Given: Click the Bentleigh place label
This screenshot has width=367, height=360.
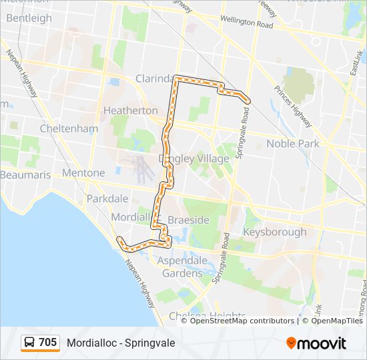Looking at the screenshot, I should point(29,18).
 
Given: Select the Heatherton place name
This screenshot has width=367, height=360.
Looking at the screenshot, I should point(131,110).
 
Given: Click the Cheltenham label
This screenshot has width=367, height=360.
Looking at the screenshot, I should point(69,128).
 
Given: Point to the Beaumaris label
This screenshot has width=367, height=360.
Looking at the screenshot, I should point(25,175).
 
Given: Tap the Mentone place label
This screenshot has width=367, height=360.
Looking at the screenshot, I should point(83,173).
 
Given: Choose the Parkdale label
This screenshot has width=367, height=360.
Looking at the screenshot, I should point(107,199).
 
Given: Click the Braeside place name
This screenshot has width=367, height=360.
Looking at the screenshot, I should point(189,220).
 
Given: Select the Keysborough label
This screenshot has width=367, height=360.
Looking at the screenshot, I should point(275,232).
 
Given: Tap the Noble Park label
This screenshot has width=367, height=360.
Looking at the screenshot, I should point(293,143).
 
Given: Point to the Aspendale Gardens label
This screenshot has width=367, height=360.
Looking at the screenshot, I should point(182,267).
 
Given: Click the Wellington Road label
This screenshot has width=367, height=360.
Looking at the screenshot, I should point(246,22).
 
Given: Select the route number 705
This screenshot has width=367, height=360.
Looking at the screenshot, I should point(47,343).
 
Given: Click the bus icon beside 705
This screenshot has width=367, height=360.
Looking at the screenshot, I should point(30,343).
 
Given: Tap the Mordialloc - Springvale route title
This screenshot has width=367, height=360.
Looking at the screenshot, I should point(121,343).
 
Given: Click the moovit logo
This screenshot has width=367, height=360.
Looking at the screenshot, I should point(316,343).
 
